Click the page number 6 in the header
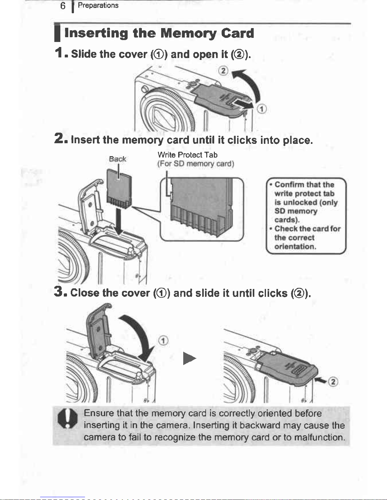point(63,6)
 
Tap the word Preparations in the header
point(98,5)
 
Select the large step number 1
point(59,53)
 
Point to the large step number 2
point(59,138)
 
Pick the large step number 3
point(59,291)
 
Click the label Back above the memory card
point(117,159)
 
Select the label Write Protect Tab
point(187,155)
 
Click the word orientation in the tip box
point(295,246)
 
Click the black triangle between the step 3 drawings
point(189,358)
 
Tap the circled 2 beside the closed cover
point(333,382)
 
